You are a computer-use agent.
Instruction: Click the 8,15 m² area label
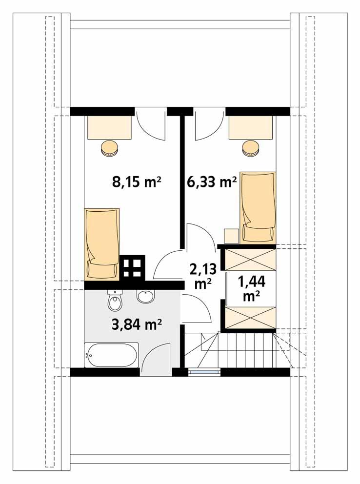[137, 182]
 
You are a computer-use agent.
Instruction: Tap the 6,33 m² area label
[212, 182]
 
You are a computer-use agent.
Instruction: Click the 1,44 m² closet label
[248, 287]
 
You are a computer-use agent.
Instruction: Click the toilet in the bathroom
[115, 301]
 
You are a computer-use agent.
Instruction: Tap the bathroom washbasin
[146, 296]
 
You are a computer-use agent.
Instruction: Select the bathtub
[111, 355]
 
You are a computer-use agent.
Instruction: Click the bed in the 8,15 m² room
[102, 243]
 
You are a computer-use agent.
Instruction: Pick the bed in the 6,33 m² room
[258, 206]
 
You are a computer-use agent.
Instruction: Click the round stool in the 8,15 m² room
[110, 147]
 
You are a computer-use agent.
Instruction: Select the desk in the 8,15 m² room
[110, 128]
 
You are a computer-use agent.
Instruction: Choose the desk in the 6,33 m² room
[251, 128]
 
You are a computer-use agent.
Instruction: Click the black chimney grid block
[133, 267]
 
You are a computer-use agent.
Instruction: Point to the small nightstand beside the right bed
[231, 236]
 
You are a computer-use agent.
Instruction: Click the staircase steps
[244, 348]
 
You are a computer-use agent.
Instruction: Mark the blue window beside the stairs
[204, 372]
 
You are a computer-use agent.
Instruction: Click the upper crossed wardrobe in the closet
[249, 259]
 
